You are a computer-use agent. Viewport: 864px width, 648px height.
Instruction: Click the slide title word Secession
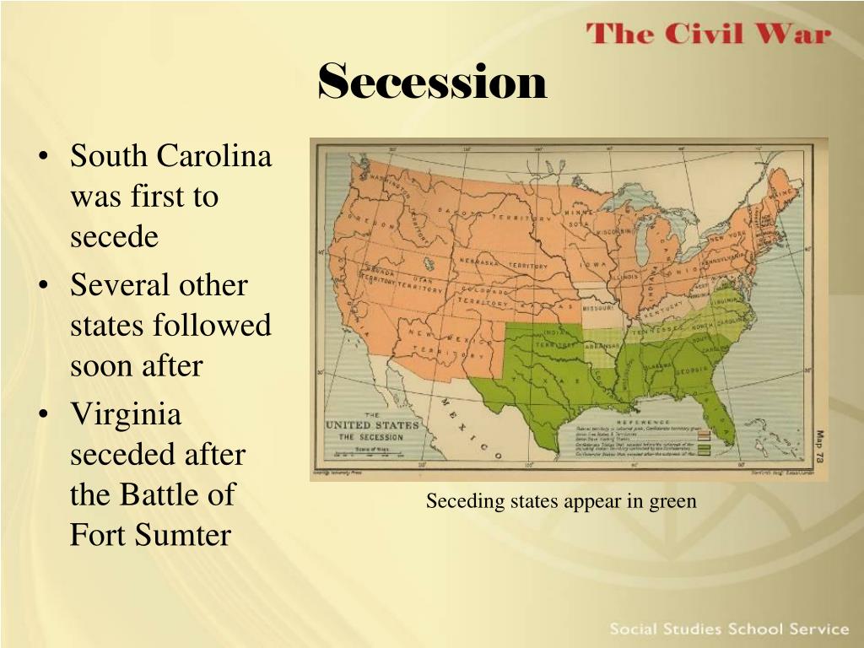click(432, 82)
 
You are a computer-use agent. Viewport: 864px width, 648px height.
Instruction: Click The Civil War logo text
click(709, 35)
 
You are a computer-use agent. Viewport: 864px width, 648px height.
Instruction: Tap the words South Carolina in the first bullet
click(170, 156)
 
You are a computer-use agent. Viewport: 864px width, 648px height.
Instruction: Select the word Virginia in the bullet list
click(126, 414)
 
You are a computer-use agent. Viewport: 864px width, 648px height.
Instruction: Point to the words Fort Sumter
click(149, 535)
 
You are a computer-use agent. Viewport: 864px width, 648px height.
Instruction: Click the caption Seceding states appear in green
click(561, 501)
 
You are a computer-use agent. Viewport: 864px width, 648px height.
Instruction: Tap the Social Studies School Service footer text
click(728, 629)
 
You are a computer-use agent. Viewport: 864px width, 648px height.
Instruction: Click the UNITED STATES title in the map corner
click(371, 424)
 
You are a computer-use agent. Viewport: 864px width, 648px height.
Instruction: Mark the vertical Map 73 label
click(818, 447)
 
